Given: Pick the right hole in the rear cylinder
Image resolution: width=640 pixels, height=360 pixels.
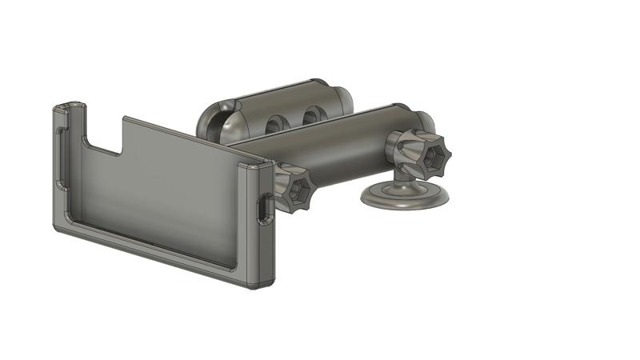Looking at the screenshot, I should click(x=311, y=118).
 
